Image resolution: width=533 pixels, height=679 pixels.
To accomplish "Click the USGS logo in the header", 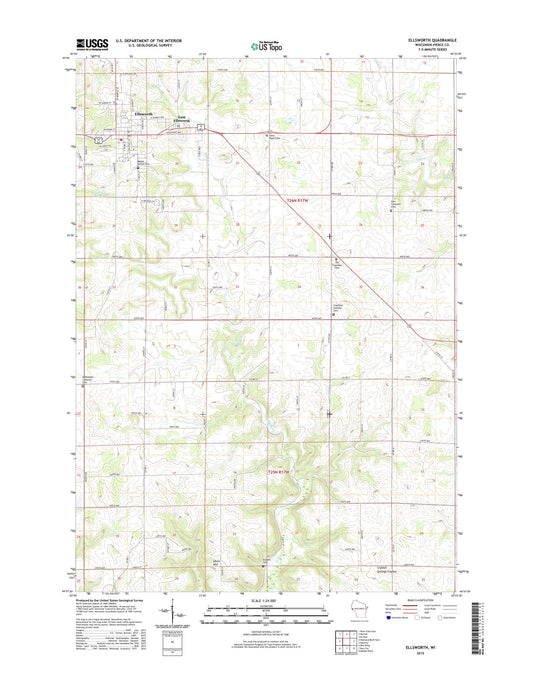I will point(90,44).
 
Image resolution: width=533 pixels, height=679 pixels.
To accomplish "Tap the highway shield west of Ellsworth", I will point(97,139).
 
